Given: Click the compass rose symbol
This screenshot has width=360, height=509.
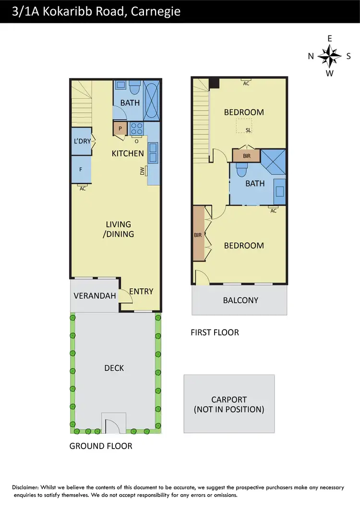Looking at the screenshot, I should click(x=329, y=56).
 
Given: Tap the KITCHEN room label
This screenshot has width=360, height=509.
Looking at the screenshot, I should click(x=128, y=154).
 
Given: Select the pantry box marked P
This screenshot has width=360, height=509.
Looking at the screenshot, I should click(x=120, y=129).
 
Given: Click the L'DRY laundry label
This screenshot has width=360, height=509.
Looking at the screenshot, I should click(x=81, y=142).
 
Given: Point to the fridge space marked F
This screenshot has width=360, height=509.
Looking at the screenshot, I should click(x=81, y=169).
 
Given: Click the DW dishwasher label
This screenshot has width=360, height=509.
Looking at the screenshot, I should click(x=143, y=171).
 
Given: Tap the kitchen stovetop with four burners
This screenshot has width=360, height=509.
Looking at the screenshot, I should click(x=136, y=129).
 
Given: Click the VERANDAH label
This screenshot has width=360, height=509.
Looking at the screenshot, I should click(x=95, y=296).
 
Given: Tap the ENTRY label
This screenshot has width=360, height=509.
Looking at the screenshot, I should click(x=141, y=291).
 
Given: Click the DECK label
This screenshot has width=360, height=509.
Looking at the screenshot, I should click(x=114, y=368).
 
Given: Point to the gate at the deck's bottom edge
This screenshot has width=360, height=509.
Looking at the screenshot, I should click(x=114, y=423).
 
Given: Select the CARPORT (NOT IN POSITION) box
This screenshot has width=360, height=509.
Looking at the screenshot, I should click(x=229, y=404).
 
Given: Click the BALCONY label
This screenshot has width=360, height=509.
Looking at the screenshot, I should click(x=240, y=300).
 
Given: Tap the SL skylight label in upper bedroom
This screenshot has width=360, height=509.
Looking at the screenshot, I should click(x=248, y=130).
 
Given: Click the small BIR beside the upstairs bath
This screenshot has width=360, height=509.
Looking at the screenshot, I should click(x=246, y=156).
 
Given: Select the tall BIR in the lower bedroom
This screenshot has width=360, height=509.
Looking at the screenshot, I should click(x=198, y=234).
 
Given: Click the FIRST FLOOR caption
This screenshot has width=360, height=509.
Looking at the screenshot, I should click(x=214, y=332).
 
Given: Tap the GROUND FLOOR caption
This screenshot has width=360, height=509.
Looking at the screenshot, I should click(x=101, y=446).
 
